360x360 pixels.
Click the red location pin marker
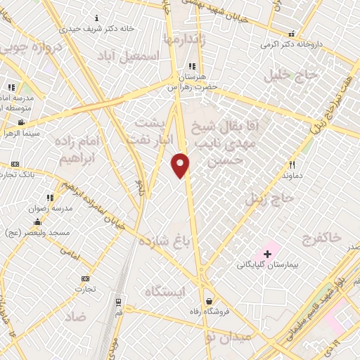click(181, 165)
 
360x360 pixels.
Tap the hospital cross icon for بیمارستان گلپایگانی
click(268, 252)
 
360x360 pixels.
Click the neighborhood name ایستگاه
click(163, 292)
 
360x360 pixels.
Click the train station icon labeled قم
click(118, 302)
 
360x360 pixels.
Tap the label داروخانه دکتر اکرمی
click(289, 44)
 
